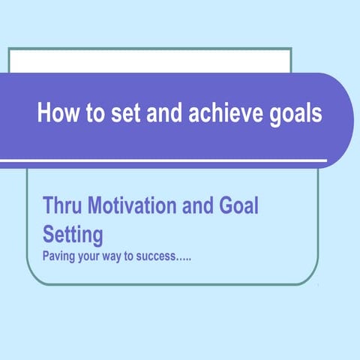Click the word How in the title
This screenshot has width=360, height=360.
point(53,115)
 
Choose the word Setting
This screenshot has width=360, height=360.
point(72,235)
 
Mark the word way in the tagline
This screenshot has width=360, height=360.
point(119,256)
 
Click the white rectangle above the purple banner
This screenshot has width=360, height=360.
point(150,60)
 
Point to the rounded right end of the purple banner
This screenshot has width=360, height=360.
point(341,120)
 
